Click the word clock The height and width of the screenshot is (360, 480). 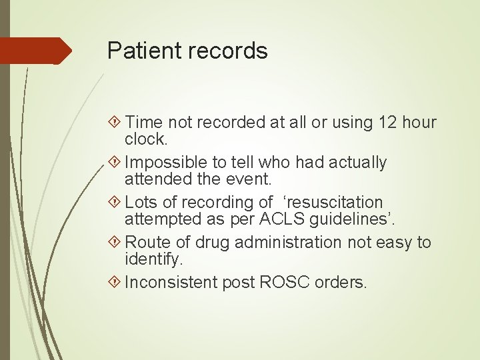pyautogui.click(x=146, y=139)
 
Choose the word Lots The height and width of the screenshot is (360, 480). pyautogui.click(x=141, y=203)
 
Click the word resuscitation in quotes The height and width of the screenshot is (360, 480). pyautogui.click(x=331, y=203)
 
